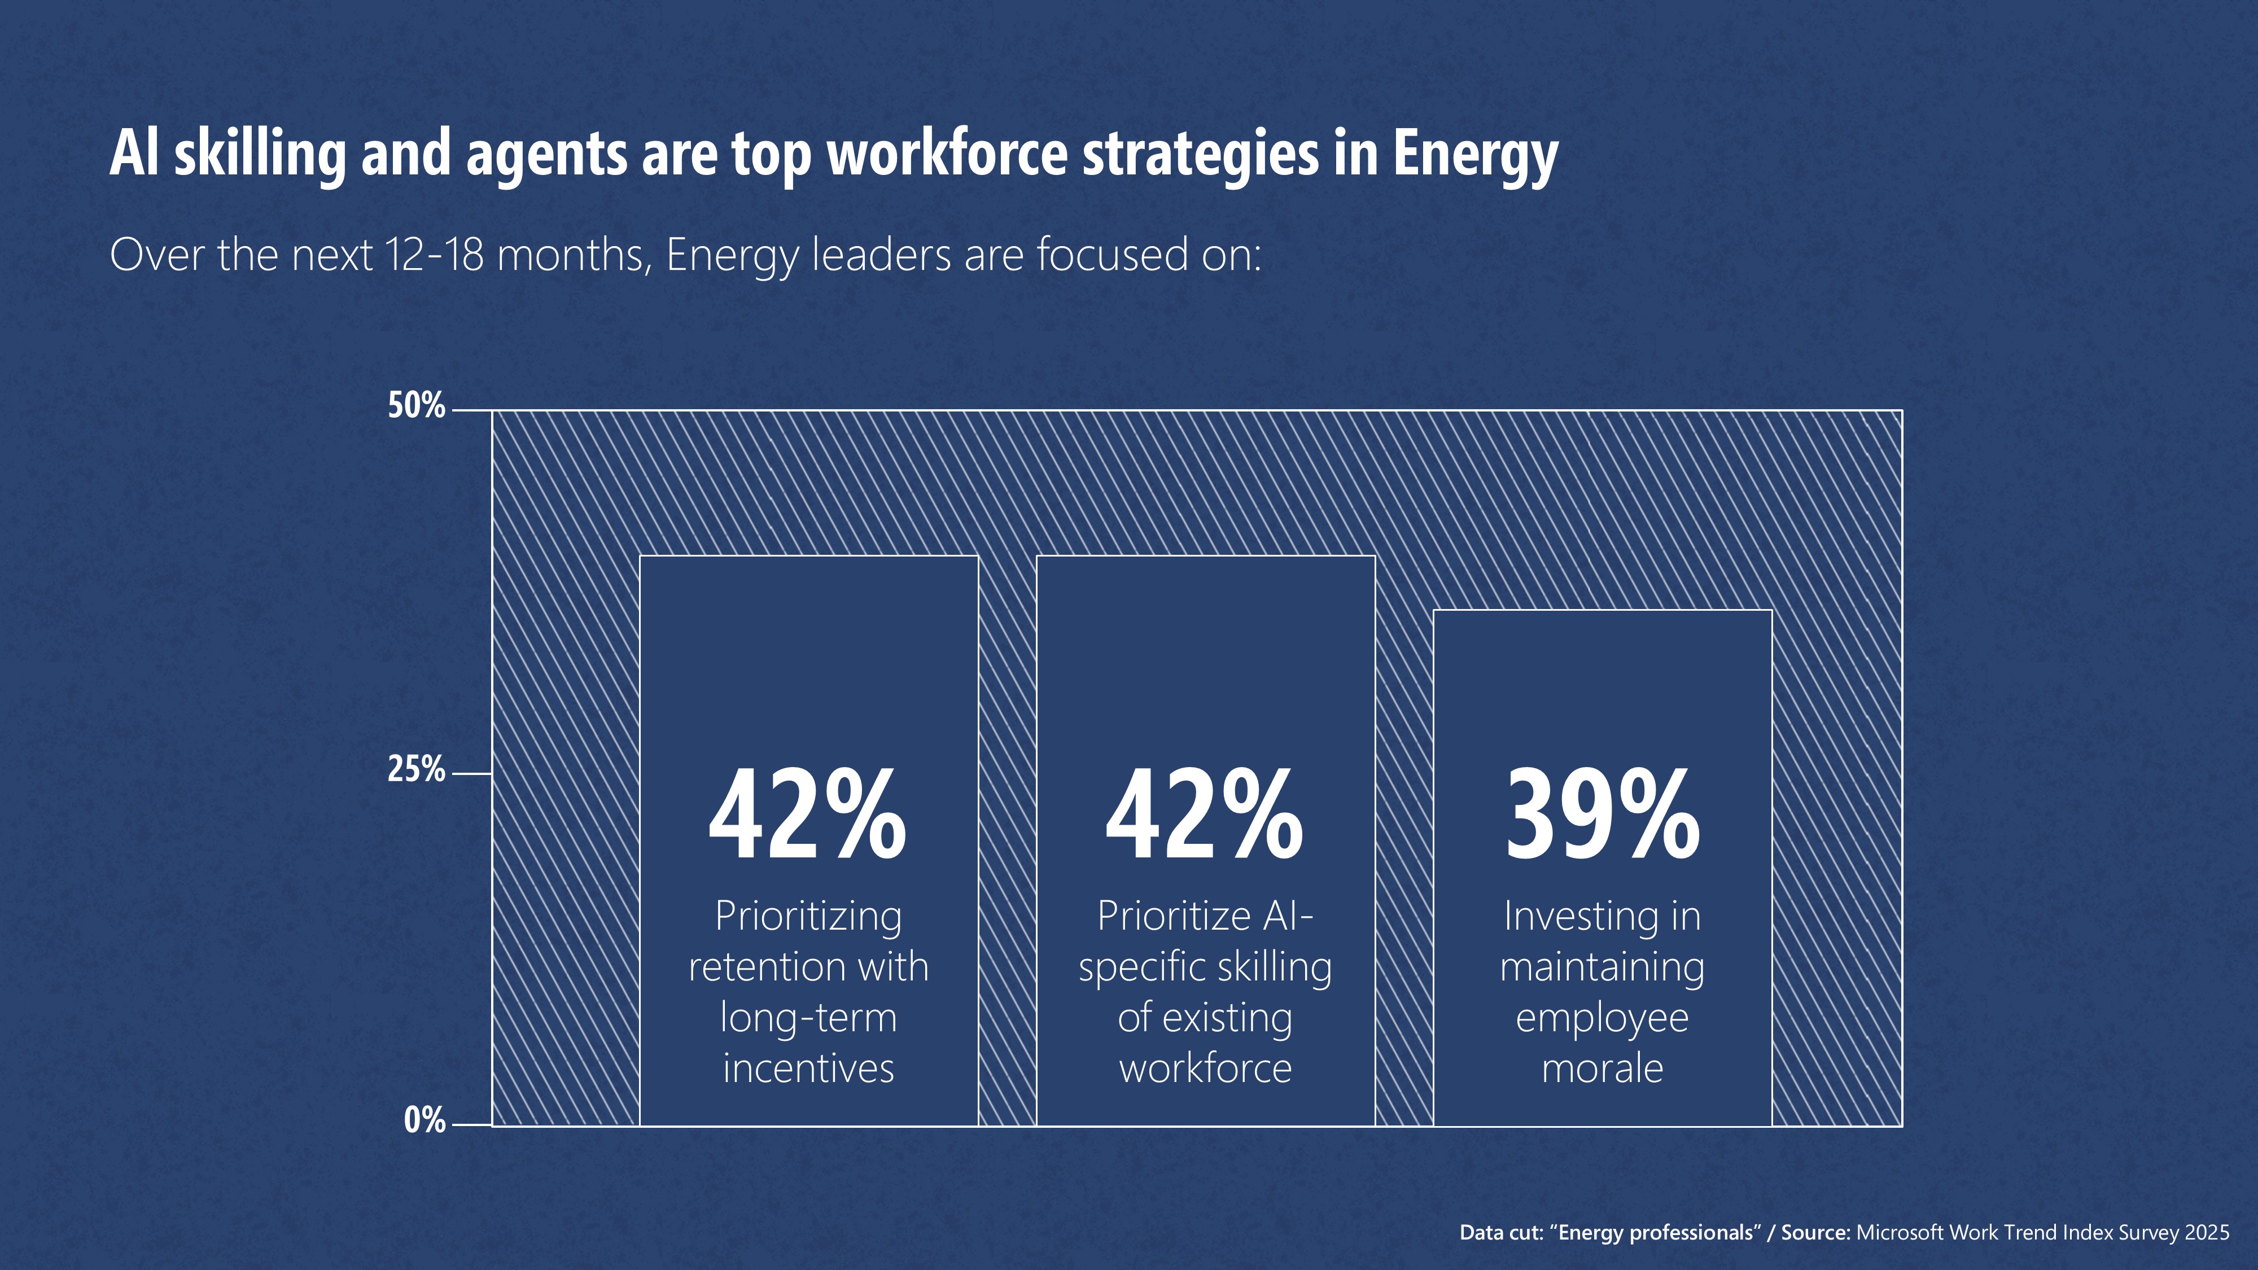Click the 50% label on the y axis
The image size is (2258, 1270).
417,406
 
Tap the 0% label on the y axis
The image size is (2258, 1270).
425,1121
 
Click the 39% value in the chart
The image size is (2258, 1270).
1603,815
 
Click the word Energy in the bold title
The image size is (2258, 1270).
1475,154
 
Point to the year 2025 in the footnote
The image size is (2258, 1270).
2206,1232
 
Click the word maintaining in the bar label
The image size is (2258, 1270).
1603,967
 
